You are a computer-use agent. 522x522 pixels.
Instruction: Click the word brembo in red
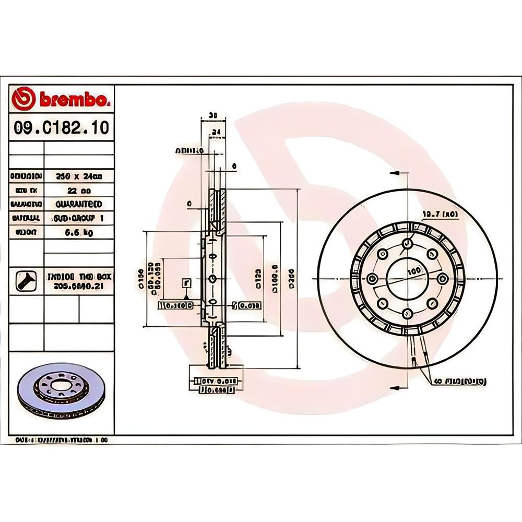tap(72, 99)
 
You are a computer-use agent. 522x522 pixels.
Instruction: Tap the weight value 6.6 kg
tap(78, 233)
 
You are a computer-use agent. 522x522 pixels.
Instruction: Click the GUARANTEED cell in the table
tap(78, 204)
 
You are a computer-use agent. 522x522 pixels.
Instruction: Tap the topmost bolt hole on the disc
tap(408, 244)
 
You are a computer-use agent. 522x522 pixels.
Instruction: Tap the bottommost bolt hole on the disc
tap(407, 313)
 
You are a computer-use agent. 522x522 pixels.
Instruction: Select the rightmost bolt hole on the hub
tap(443, 278)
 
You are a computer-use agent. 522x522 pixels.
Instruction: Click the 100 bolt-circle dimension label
tap(415, 271)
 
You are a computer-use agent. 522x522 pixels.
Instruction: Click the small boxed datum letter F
tap(185, 283)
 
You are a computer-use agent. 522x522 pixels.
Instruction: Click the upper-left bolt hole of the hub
tap(384, 254)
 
